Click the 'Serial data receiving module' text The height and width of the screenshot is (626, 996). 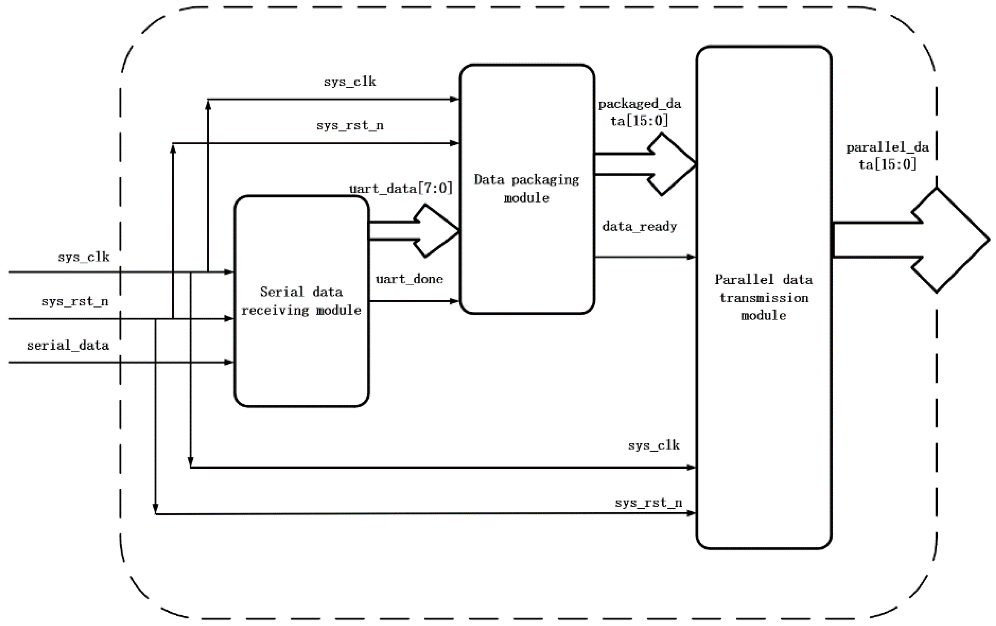tap(301, 301)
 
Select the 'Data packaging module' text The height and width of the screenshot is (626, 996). tap(526, 188)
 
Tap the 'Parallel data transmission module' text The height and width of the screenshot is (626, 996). tap(764, 297)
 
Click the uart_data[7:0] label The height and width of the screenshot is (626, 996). tap(400, 188)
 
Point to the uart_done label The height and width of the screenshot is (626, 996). tap(409, 279)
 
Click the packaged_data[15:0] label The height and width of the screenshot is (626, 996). tap(639, 112)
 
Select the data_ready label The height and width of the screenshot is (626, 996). tap(639, 227)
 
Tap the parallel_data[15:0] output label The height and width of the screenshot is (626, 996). tap(888, 156)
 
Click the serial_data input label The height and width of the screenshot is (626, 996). tap(68, 345)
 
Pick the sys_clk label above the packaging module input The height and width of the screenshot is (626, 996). tap(350, 81)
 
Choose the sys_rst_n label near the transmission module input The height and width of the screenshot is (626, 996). tap(648, 503)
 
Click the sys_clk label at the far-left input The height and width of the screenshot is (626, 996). tap(84, 257)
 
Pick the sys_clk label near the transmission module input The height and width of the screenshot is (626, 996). tap(654, 445)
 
